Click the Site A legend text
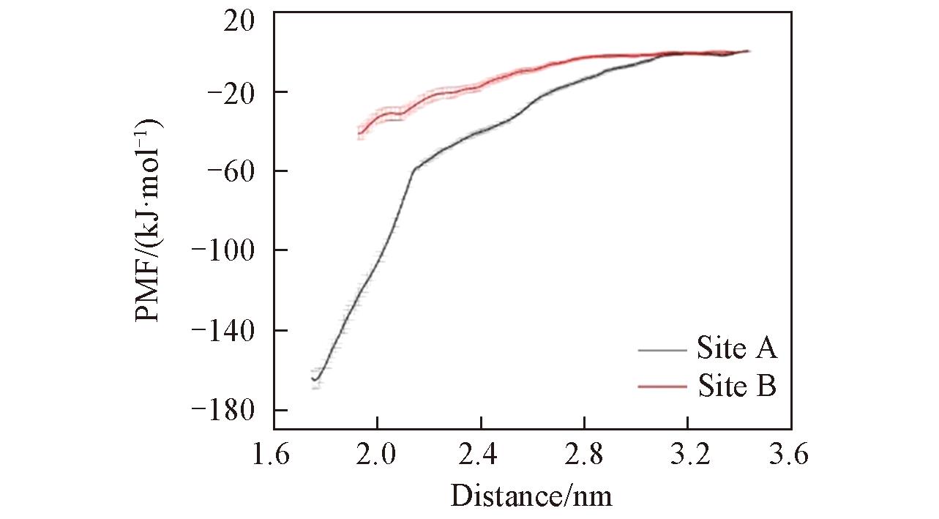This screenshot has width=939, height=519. (x=736, y=349)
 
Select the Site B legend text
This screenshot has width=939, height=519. (x=736, y=385)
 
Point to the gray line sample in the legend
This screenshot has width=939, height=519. (x=662, y=350)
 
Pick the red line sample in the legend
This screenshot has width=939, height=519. (x=662, y=386)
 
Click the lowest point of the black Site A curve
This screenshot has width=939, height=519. (x=315, y=380)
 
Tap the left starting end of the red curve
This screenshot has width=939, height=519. (x=359, y=133)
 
